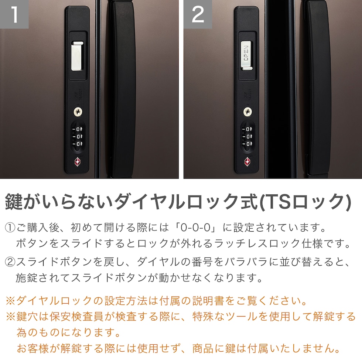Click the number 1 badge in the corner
(x=14, y=14)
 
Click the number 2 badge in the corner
(x=198, y=14)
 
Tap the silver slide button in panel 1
(x=77, y=56)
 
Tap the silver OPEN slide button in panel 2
(x=247, y=55)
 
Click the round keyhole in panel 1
(x=78, y=112)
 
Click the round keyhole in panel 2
(x=247, y=112)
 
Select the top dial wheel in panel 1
(x=78, y=129)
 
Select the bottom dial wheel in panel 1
(x=78, y=144)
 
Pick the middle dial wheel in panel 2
(x=247, y=137)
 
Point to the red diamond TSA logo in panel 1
(x=78, y=162)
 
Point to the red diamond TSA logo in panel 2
(x=247, y=162)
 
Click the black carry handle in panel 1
(x=122, y=89)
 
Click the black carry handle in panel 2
(x=317, y=89)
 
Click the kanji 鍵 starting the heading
(x=14, y=202)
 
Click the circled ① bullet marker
(x=10, y=228)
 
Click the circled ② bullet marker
(x=10, y=262)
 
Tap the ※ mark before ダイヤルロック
(x=11, y=301)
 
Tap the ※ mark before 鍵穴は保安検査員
(x=11, y=317)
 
